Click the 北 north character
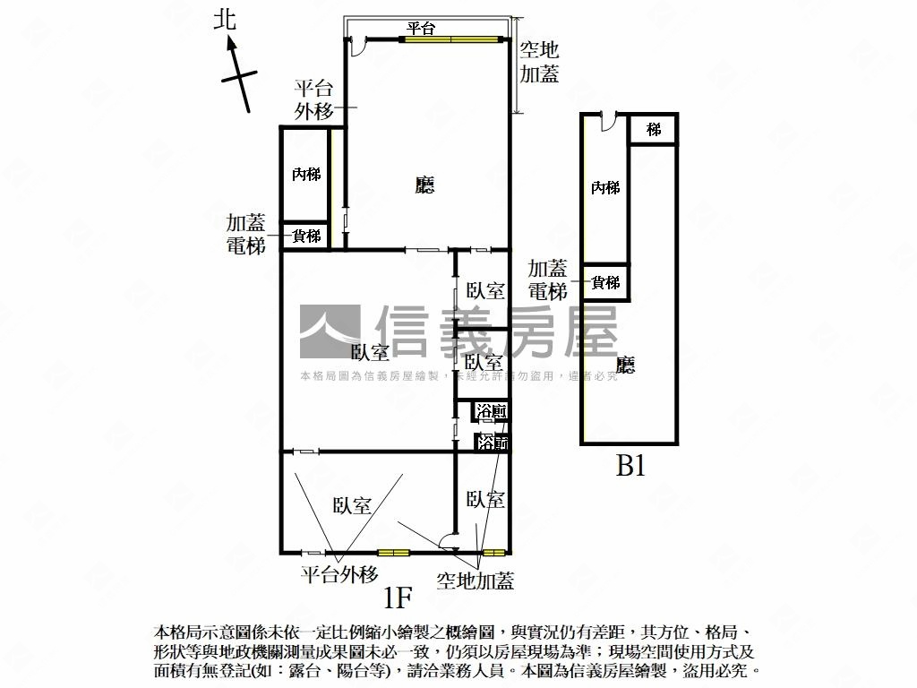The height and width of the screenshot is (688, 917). coord(225,21)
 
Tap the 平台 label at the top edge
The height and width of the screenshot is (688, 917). coord(421,30)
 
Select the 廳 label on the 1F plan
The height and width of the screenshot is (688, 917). coord(424,185)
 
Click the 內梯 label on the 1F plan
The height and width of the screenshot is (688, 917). coord(306,174)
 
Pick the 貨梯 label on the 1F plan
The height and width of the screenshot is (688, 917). coord(307,236)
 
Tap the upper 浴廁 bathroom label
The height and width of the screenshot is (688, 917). coord(492,412)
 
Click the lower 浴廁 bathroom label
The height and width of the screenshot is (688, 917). coord(492,442)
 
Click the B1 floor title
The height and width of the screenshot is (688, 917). coord(630,466)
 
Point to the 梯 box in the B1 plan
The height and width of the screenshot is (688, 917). coord(654,130)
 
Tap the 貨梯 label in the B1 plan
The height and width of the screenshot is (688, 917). coord(606,283)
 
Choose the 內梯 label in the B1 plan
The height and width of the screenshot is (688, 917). coord(605,187)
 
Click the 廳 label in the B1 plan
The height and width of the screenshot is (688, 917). coord(626,365)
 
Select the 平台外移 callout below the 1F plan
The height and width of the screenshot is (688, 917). coord(339,574)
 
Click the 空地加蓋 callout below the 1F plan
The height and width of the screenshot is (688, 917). coord(476,580)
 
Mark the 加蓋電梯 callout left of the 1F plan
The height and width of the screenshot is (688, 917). coord(245,234)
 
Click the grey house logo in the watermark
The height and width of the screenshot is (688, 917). coord(329,332)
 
